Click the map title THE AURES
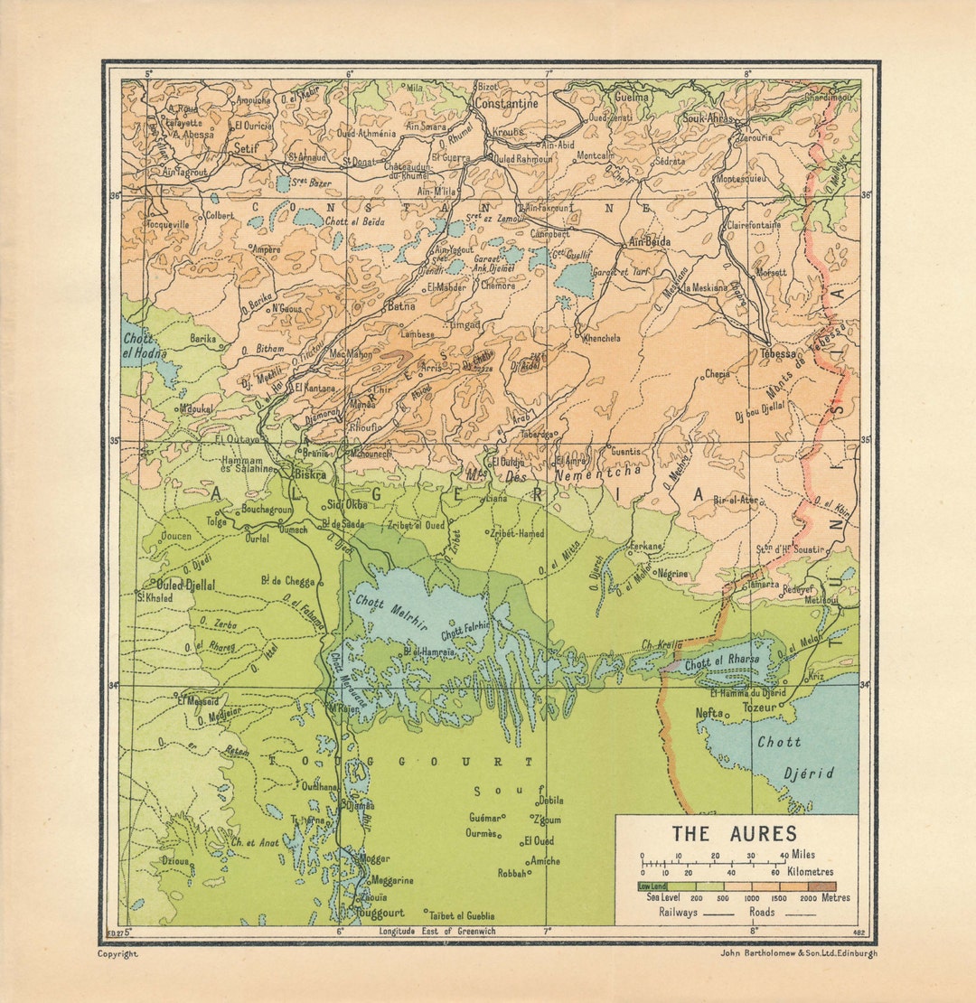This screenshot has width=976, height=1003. [x=734, y=833]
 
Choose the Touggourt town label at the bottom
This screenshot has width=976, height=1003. [x=380, y=914]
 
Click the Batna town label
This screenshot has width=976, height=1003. [x=400, y=307]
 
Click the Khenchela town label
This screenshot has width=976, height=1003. [x=602, y=338]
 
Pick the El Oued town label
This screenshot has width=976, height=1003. [x=539, y=840]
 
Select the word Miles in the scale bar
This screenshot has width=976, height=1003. [x=802, y=855]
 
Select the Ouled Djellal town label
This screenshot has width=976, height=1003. [x=185, y=586]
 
